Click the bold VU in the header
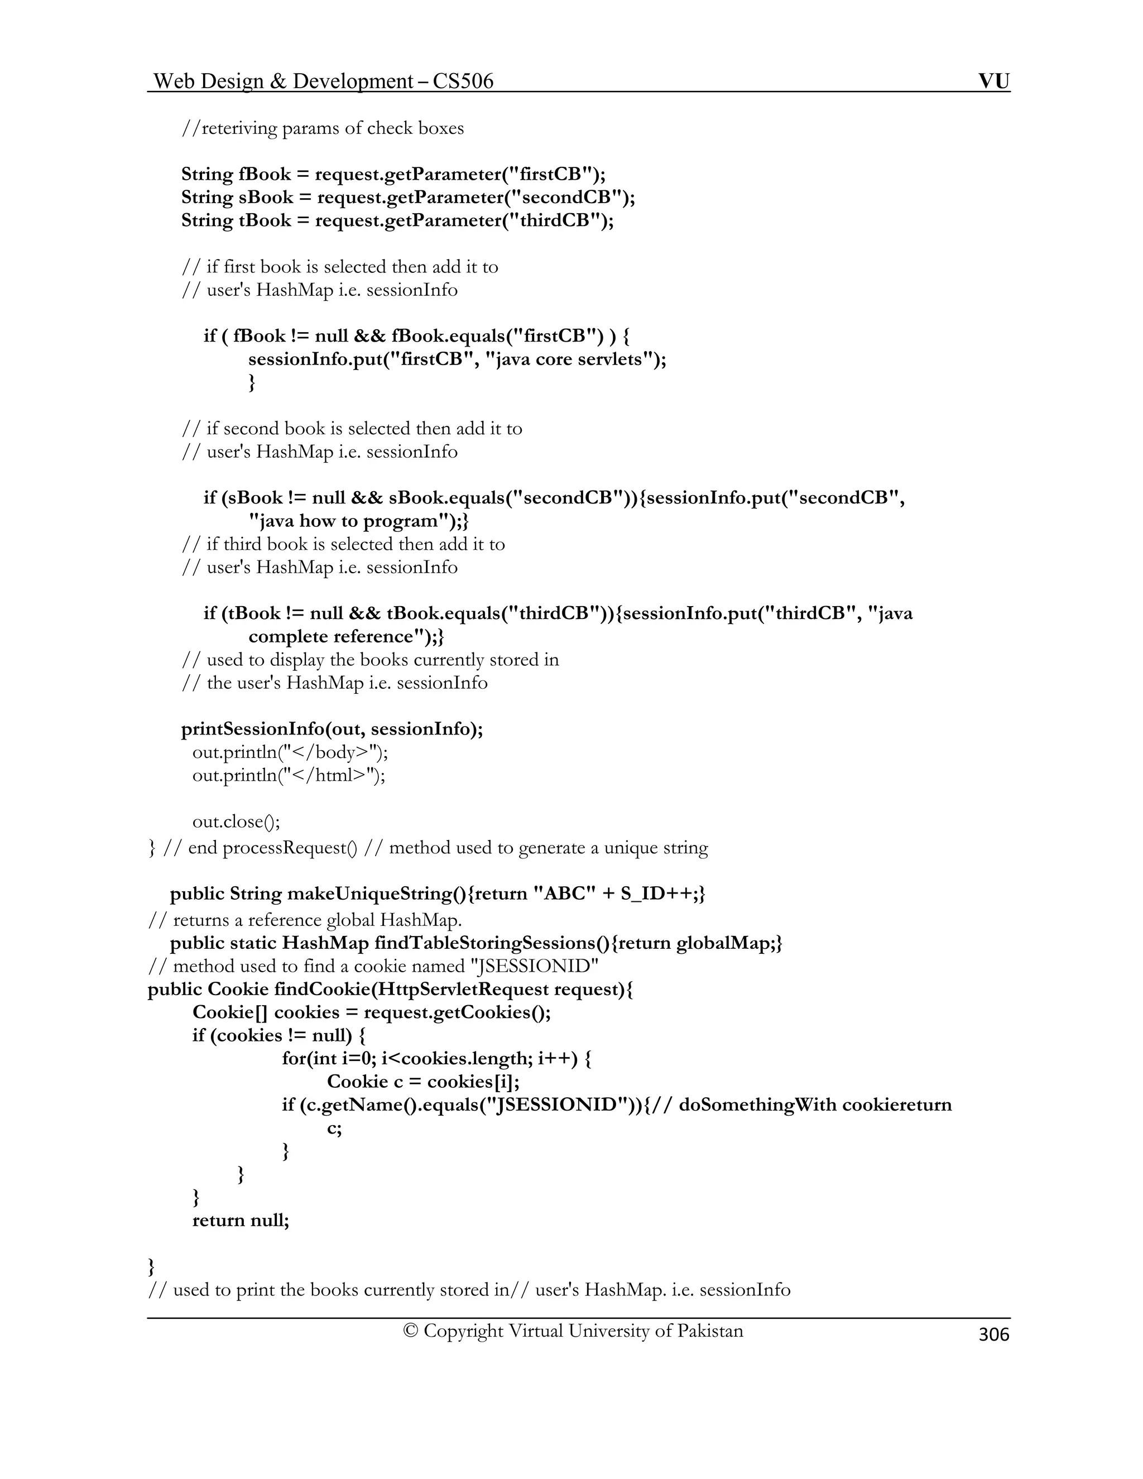pos(993,82)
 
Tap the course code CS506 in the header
pos(463,82)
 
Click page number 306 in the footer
pos(993,1334)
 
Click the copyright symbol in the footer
pos(410,1331)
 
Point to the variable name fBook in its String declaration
pos(264,175)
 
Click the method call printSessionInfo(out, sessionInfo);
pos(332,729)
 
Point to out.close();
pos(236,822)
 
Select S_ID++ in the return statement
pos(656,894)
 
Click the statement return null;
pos(241,1220)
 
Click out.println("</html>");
pos(289,775)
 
